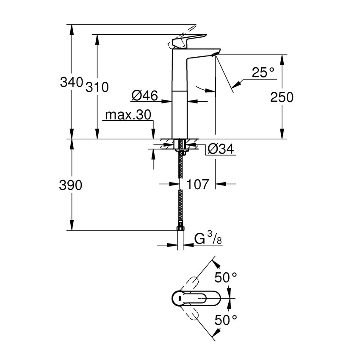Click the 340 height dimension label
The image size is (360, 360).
coord(71,82)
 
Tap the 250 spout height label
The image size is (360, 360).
coord(282,97)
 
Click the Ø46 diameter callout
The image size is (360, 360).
coord(144,96)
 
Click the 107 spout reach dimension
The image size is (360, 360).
coord(197,184)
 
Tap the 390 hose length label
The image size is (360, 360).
coord(71,185)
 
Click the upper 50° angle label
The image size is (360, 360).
coord(225,278)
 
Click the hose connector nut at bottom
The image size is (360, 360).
coord(180,230)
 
